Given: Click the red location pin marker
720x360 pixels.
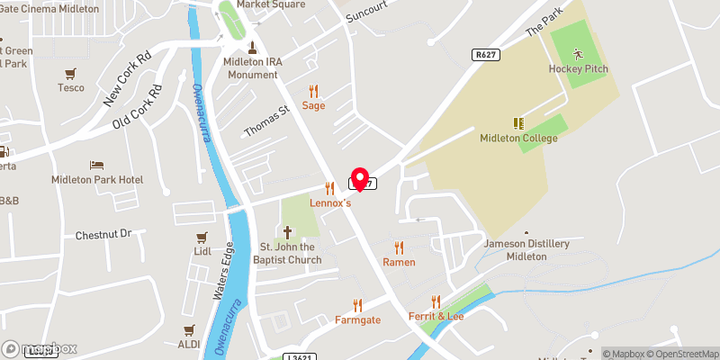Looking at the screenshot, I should (x=360, y=178).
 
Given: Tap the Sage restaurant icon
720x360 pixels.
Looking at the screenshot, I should (x=313, y=91).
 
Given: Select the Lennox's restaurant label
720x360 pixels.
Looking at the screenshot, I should (x=330, y=203).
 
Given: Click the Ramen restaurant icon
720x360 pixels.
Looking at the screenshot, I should (x=399, y=247).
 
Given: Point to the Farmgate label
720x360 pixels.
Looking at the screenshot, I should (x=357, y=319).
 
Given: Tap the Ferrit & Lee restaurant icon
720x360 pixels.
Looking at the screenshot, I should (x=436, y=301).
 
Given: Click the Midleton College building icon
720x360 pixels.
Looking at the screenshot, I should (x=518, y=122).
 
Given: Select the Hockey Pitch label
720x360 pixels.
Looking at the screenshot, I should (x=578, y=69).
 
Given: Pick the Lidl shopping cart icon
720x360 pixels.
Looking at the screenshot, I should (x=202, y=238).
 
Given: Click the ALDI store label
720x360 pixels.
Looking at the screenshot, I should (x=189, y=345).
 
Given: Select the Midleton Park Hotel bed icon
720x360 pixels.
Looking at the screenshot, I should (x=96, y=166).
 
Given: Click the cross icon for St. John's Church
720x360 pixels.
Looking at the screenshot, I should (x=288, y=231).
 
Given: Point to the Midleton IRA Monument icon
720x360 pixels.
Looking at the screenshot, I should (x=251, y=48).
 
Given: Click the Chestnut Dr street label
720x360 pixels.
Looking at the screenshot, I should (x=103, y=235).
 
